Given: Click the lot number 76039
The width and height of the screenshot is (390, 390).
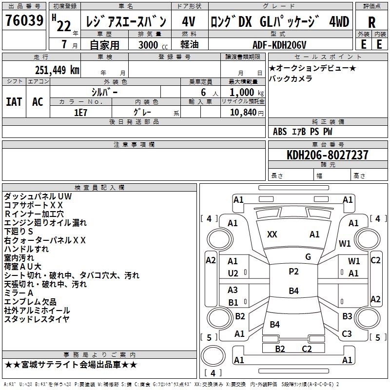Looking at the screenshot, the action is pos(24,20).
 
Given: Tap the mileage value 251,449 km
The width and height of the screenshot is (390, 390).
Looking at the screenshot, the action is pos(57,70).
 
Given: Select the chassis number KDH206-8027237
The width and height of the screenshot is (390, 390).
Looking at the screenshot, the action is pos(327,155).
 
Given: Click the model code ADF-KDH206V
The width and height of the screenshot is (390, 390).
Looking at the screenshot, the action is pos(279,45).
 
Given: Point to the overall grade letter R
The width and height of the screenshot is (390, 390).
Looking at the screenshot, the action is pos(371,22).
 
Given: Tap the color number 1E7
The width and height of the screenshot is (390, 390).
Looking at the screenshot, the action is pos(80,113).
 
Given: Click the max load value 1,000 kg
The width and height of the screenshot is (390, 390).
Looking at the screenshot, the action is pos(247,93).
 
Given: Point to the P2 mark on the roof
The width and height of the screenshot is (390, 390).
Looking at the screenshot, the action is pos(293,272).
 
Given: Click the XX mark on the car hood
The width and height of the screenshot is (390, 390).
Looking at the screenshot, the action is pos(272,234).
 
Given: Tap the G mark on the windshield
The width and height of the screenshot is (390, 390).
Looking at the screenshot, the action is pos(308,257).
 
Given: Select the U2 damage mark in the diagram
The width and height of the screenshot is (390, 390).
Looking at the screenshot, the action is pos(233,273).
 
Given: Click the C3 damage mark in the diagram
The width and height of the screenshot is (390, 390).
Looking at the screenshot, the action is pos(347,333).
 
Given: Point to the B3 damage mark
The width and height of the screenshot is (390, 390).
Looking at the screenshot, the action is pos(347,316).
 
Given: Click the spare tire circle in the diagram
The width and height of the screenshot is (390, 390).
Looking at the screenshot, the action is pos(213,356).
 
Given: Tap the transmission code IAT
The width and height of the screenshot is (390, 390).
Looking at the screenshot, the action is pos(14,102).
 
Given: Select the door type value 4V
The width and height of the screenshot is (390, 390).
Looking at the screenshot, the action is pos(189,21).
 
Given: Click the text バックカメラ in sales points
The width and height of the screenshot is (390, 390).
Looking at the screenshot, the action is pos(291,78).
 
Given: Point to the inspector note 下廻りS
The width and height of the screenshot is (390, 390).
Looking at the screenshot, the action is pos(19,232).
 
